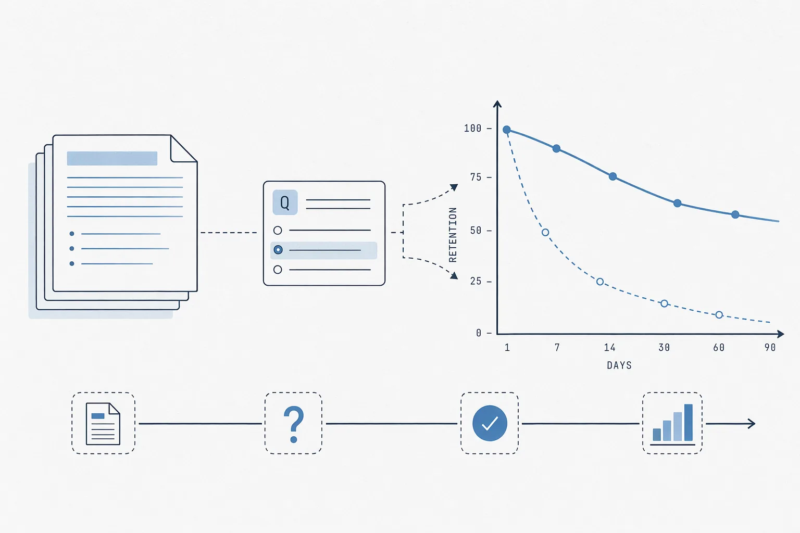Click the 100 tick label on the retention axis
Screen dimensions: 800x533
[472, 128]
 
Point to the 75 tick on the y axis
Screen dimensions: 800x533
[476, 177]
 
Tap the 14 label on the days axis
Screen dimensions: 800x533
[610, 347]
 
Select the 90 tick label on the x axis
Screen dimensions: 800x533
[770, 347]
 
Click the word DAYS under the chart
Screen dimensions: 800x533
[619, 365]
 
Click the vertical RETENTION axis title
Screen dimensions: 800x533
[453, 235]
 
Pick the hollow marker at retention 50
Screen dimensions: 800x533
[545, 232]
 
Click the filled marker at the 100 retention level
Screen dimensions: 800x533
[506, 130]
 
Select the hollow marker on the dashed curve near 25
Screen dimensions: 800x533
[600, 282]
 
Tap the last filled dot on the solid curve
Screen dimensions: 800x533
[735, 214]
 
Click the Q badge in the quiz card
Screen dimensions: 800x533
[285, 202]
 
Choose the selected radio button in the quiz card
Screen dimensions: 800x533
[278, 249]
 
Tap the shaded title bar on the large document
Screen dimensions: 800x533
[112, 159]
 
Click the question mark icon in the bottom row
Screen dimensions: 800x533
[294, 424]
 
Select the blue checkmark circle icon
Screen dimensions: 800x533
[490, 423]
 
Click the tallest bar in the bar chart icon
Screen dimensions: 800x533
[688, 422]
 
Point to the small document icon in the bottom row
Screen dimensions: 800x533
[103, 424]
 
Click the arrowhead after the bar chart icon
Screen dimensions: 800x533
[752, 423]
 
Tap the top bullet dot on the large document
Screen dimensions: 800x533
[72, 234]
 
